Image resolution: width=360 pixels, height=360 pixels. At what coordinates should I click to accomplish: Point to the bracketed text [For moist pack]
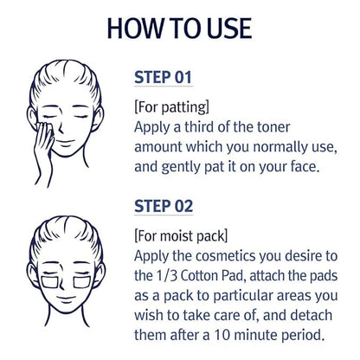click(x=180, y=235)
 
